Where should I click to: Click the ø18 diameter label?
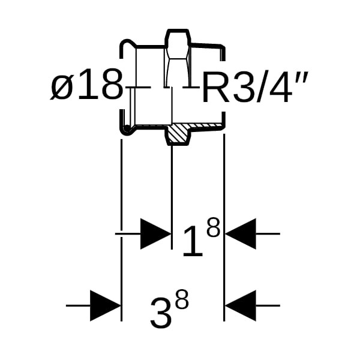87,86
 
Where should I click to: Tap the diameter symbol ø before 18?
62,88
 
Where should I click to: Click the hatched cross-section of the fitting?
177,134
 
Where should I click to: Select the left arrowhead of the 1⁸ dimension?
155,233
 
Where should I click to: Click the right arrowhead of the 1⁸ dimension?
241,233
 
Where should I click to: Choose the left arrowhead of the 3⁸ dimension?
105,305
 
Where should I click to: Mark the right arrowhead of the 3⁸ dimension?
241,305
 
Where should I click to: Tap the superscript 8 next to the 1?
213,229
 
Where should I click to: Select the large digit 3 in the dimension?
161,314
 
